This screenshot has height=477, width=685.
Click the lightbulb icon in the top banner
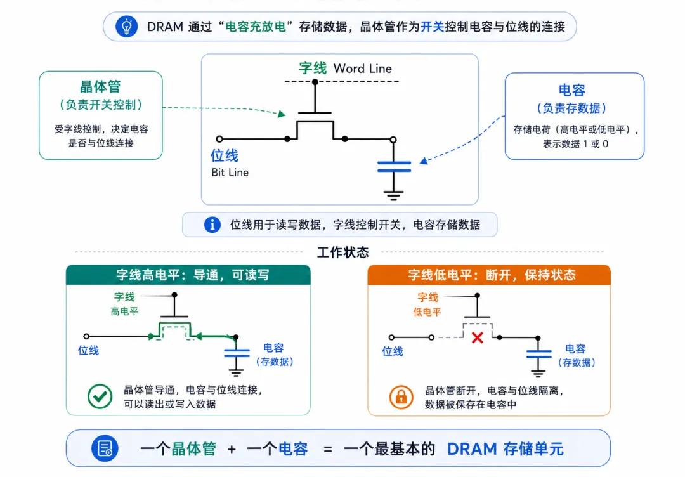tap(127, 27)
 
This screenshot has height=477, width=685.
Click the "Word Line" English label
tap(363, 69)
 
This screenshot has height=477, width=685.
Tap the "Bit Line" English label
tap(230, 173)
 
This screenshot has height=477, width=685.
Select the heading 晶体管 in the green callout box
tap(100, 86)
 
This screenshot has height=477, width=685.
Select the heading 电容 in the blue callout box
tap(572, 90)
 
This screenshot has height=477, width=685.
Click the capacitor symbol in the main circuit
tap(394, 166)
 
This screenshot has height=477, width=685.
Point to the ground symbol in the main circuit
tap(394, 195)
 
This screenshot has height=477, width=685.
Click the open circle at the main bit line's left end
tap(219, 139)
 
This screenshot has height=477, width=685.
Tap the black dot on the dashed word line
tap(315, 82)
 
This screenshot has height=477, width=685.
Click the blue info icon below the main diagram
tap(212, 225)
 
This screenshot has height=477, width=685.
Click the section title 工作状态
tap(343, 252)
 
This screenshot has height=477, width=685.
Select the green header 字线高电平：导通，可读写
tap(193, 275)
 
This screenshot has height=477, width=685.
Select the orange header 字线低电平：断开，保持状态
tap(492, 275)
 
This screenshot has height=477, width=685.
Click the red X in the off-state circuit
tap(478, 337)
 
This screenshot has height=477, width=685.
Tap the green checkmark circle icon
tap(100, 396)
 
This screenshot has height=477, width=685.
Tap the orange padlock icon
tap(401, 396)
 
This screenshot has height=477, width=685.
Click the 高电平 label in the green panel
tap(124, 311)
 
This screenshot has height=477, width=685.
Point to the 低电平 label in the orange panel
tap(427, 312)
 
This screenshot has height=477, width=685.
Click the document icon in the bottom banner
tap(105, 448)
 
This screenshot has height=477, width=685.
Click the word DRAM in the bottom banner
tap(473, 449)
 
